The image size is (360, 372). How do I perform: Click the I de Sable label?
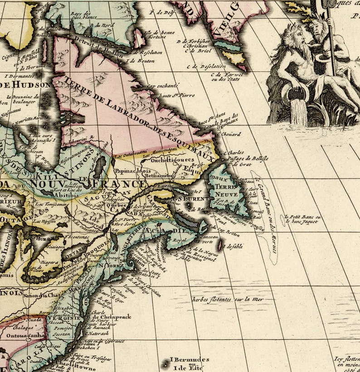(x=234, y=246)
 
